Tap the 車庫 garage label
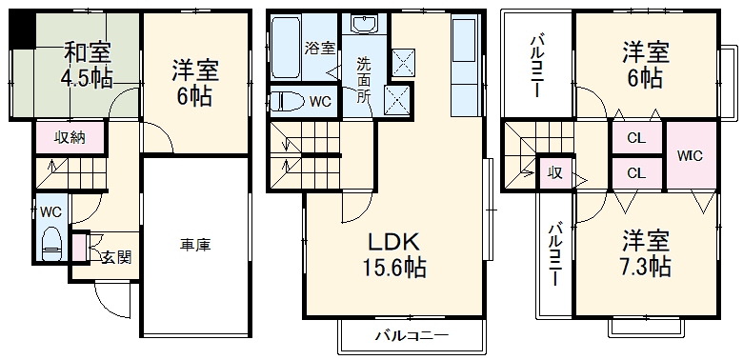click(x=195, y=245)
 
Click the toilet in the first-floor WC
click(x=51, y=244)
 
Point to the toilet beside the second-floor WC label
click(x=287, y=101)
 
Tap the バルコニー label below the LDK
click(x=411, y=335)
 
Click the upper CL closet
click(x=636, y=138)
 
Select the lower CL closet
click(x=636, y=172)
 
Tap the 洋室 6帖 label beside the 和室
click(x=195, y=83)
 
